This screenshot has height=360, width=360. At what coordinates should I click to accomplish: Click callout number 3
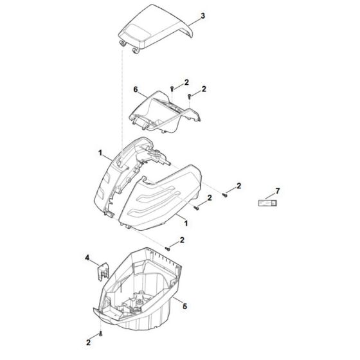point(203,14)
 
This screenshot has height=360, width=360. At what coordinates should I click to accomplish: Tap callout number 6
point(136,89)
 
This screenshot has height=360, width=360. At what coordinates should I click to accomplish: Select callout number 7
point(277,191)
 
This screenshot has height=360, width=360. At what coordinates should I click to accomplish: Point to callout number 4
point(87,258)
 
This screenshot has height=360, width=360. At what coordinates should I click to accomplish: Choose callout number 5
point(184,306)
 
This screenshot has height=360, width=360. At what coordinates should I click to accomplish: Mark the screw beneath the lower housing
point(101,334)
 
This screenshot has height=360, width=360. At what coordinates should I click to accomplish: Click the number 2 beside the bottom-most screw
point(87,342)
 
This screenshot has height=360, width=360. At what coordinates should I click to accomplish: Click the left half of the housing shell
point(122,174)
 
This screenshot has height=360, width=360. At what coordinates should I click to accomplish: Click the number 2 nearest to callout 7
point(239,186)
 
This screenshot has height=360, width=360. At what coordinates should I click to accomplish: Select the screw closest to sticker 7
point(225,195)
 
